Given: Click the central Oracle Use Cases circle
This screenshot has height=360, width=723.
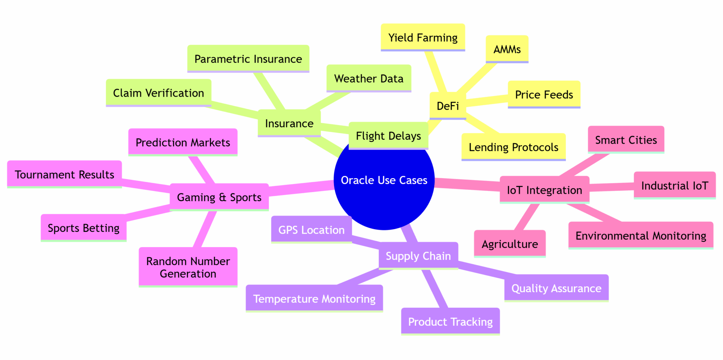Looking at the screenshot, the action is [x=384, y=180].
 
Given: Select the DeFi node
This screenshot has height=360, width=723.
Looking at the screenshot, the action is [x=448, y=106].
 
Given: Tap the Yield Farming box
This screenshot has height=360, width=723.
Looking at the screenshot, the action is [x=423, y=37].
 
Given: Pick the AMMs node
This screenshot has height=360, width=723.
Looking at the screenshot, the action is [x=507, y=49].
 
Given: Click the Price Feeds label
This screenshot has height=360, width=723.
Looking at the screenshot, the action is [x=544, y=95].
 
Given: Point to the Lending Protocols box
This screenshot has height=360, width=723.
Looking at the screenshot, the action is [x=513, y=147].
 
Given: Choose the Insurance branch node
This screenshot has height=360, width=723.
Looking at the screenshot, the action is [x=289, y=123].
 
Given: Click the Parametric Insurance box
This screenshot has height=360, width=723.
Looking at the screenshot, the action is [x=248, y=59].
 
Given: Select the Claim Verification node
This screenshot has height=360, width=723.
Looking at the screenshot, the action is [x=159, y=93].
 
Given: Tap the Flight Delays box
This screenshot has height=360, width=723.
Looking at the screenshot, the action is [x=388, y=136].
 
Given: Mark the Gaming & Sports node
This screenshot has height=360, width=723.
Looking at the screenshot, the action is [x=219, y=197].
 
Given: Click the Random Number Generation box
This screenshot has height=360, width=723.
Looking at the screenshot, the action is [x=188, y=267].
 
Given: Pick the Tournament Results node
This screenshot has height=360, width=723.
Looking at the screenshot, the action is [x=65, y=174].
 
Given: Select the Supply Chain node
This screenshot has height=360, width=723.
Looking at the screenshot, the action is [x=418, y=256].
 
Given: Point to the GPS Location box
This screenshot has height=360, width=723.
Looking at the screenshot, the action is [x=311, y=230].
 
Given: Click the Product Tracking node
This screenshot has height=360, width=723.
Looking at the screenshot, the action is [x=450, y=322].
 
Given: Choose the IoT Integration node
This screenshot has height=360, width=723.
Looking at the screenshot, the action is [x=544, y=190].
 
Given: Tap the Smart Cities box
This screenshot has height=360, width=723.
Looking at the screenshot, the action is [x=626, y=140].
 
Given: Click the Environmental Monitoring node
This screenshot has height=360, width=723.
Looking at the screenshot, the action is [x=641, y=235].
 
